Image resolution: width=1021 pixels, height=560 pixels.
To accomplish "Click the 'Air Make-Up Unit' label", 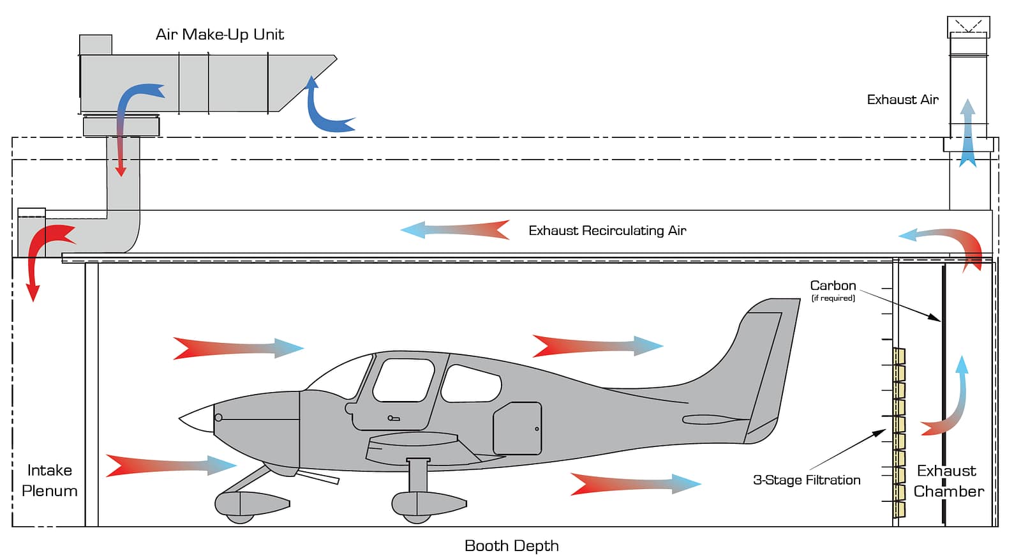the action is pyautogui.click(x=220, y=34).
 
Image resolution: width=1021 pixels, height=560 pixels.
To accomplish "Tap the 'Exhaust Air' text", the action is pyautogui.click(x=902, y=100).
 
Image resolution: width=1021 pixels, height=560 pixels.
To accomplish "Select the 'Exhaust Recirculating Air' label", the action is pyautogui.click(x=607, y=231).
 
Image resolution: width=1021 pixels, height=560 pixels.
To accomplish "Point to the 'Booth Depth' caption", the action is pyautogui.click(x=511, y=546).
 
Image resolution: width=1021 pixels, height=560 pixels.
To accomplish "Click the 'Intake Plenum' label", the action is pyautogui.click(x=49, y=481).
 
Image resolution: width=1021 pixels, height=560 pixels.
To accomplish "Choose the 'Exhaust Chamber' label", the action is pyautogui.click(x=948, y=481).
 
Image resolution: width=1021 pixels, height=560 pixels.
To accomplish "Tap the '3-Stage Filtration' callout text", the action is pyautogui.click(x=807, y=480).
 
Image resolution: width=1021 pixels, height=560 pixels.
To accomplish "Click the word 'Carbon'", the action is pyautogui.click(x=833, y=285).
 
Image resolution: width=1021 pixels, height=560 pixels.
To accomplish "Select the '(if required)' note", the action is pyautogui.click(x=833, y=298).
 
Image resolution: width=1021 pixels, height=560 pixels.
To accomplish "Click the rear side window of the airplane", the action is pyautogui.click(x=471, y=384).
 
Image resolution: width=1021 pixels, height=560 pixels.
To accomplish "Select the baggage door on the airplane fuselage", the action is pyautogui.click(x=518, y=428).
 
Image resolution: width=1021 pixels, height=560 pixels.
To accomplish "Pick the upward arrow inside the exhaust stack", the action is pyautogui.click(x=967, y=133).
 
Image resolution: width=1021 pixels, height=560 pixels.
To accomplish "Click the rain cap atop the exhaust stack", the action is pyautogui.click(x=968, y=27).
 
